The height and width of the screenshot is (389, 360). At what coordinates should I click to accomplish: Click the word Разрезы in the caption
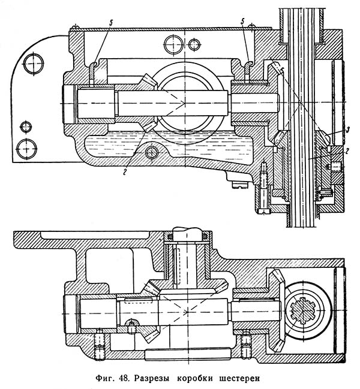coord(151,378)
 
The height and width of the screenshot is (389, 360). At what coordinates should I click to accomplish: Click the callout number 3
coord(348,129)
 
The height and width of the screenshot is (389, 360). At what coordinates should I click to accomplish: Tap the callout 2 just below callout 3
coord(348,151)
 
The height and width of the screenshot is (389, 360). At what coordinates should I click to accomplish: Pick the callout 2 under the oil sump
coord(125,172)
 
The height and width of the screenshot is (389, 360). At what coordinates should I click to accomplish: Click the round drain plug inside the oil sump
coord(152,152)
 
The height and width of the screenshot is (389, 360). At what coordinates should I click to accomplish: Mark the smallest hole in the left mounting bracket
coord(26,127)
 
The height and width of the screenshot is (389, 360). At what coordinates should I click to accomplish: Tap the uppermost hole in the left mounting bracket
coord(34,64)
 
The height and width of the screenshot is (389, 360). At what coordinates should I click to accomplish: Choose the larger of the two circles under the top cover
coord(174,45)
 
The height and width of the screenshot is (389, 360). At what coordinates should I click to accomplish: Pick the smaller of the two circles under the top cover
coord(193,45)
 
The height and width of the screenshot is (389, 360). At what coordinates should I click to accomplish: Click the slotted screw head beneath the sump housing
coord(239,185)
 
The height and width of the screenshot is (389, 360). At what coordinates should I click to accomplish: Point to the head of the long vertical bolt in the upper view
coord(263,211)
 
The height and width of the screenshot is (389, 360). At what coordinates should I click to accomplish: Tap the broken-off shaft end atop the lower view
coord(187,234)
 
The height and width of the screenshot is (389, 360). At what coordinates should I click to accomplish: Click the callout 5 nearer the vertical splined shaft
coord(243,22)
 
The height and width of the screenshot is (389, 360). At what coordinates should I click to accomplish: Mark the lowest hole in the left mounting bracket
coord(26,149)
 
